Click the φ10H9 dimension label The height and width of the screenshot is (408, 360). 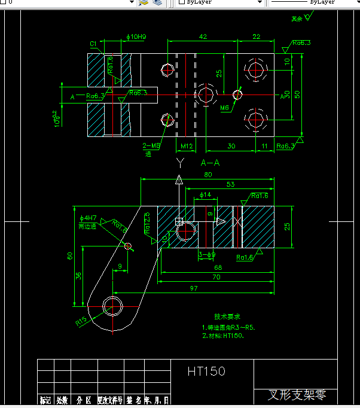coord(137,37)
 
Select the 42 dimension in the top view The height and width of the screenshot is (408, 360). coord(203,36)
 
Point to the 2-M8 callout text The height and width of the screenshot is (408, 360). coord(151,145)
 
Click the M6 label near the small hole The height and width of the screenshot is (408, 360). coord(224,108)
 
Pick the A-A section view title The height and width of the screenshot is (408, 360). coord(210,162)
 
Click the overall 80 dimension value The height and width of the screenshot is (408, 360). coord(208,175)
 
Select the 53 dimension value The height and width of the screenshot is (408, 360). coord(230,184)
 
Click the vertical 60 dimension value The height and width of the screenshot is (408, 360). coord(70,255)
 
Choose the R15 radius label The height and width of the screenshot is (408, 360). coord(81,322)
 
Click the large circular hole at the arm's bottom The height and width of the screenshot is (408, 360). coord(112,306)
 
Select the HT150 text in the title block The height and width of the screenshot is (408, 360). coord(206,372)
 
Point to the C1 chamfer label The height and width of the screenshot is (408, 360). coord(93,44)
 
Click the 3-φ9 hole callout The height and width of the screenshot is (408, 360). coord(206,254)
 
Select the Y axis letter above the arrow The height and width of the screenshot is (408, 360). coord(179,162)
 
